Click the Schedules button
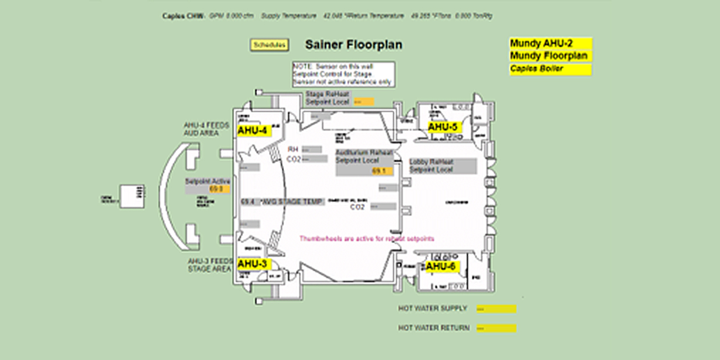[269, 45]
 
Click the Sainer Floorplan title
[354, 45]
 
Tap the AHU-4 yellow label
[253, 131]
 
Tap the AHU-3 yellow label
[253, 264]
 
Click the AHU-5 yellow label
[443, 127]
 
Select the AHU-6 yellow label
[441, 267]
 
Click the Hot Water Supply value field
[496, 309]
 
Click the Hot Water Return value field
[496, 328]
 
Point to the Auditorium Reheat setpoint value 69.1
[380, 171]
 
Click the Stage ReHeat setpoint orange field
[363, 102]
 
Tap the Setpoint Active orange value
[216, 189]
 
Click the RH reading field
[311, 149]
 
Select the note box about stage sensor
[344, 74]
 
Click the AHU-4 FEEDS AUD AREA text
[206, 129]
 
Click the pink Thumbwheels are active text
[367, 238]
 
